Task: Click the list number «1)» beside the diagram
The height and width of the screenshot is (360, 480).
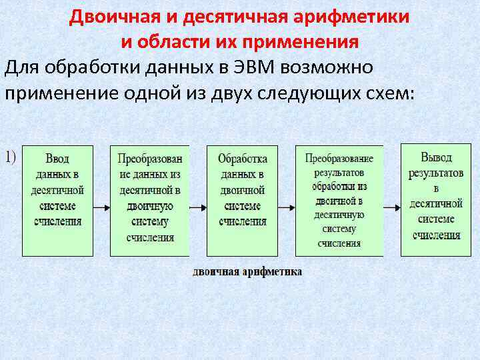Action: tap(11, 156)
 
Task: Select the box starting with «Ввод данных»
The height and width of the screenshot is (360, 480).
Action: tap(57, 200)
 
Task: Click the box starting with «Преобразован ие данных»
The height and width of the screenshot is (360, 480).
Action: tap(149, 200)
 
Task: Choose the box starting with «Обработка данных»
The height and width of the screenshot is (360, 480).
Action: tap(242, 200)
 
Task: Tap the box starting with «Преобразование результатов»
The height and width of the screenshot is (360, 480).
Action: tap(339, 200)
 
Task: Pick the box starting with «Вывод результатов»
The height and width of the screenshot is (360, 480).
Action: tap(435, 199)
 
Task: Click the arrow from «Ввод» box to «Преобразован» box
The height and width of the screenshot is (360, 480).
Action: tap(101, 207)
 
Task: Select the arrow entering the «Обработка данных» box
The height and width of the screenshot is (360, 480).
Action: tap(198, 207)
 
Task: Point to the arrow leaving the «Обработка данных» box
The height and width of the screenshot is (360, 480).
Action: tap(287, 207)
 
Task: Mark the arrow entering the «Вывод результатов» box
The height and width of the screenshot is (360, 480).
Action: tap(392, 207)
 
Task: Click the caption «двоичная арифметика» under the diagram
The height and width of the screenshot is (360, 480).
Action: tap(247, 271)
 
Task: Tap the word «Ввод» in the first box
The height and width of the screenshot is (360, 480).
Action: tap(57, 159)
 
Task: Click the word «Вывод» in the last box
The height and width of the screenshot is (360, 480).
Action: tap(436, 157)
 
